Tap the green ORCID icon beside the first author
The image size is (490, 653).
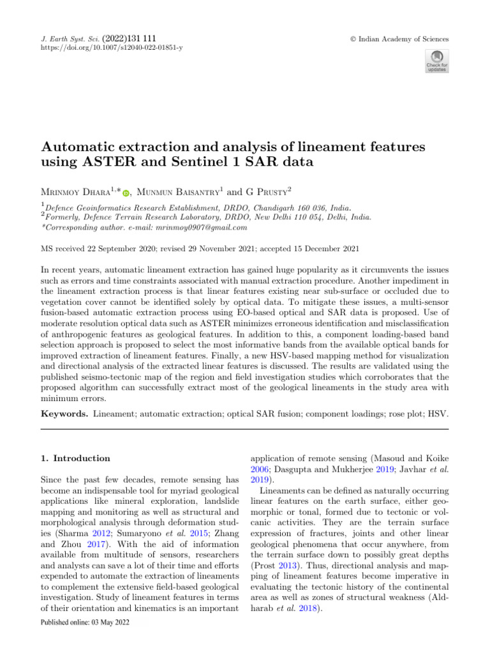126,193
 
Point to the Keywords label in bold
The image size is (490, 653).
64,414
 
